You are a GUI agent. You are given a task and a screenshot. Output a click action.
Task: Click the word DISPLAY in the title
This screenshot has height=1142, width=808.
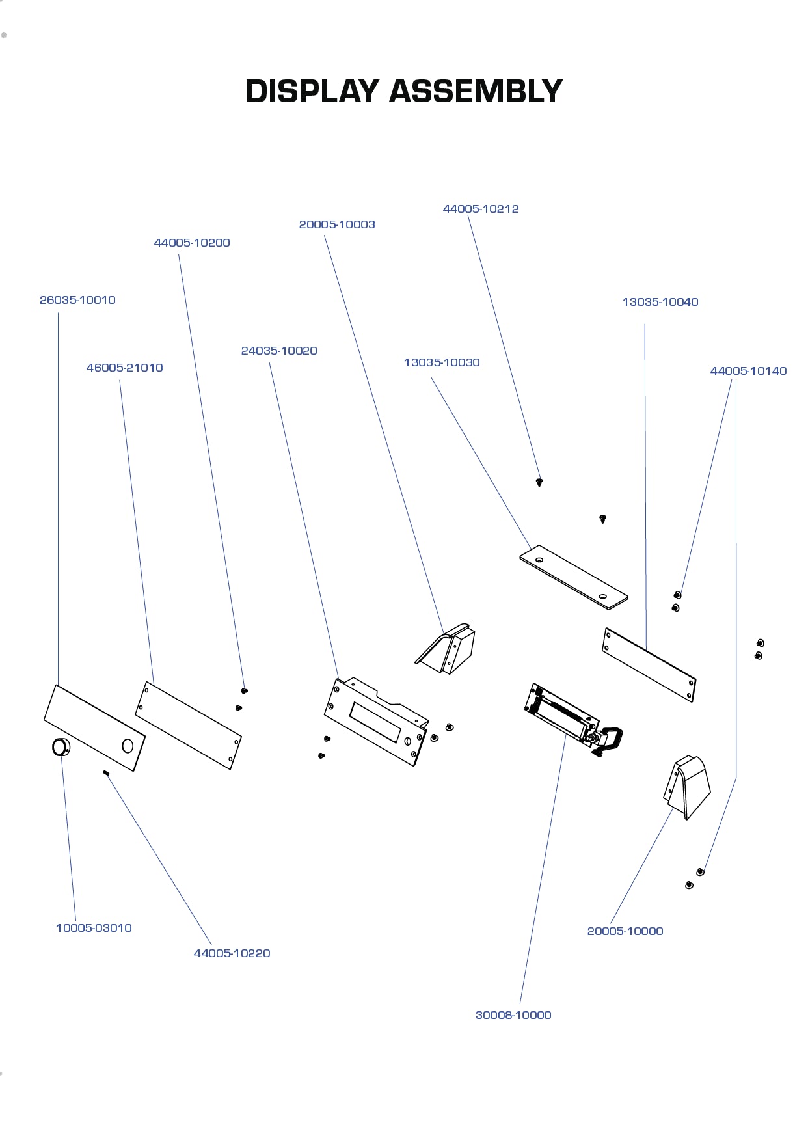coord(312,91)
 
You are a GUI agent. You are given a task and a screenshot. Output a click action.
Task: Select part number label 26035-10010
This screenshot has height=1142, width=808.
coord(77,300)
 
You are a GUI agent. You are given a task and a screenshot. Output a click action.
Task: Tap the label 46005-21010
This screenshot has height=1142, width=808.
coord(124,368)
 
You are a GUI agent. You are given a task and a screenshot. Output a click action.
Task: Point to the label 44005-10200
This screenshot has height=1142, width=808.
coord(192,243)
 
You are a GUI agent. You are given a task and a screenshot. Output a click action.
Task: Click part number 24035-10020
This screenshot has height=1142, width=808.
coord(279,351)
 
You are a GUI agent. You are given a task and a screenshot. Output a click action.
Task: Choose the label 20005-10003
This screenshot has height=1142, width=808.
coord(337,224)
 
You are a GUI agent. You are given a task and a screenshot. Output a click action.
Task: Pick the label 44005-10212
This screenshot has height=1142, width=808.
coord(481,209)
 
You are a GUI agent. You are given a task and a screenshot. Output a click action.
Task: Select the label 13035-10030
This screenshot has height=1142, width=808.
coord(442,362)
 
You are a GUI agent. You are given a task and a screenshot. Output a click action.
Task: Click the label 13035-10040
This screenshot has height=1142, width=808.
coord(660,302)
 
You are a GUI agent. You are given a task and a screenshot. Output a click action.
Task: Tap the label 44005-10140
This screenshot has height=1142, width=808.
coord(748,371)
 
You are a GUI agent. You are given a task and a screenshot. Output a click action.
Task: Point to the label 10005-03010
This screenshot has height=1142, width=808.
coord(94,928)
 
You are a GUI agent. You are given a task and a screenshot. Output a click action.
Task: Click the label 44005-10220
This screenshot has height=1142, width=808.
coord(232,953)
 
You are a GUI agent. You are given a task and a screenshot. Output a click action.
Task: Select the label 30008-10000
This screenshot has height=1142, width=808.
coord(513,1015)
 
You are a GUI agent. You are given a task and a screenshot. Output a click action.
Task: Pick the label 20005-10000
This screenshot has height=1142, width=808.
coord(625,931)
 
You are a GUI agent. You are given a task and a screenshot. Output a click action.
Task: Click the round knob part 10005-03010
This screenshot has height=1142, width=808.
coord(61,747)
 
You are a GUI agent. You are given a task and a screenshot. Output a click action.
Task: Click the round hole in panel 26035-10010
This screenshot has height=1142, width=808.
coord(128,746)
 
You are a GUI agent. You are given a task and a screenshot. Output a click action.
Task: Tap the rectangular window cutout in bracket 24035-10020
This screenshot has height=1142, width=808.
coord(375,722)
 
